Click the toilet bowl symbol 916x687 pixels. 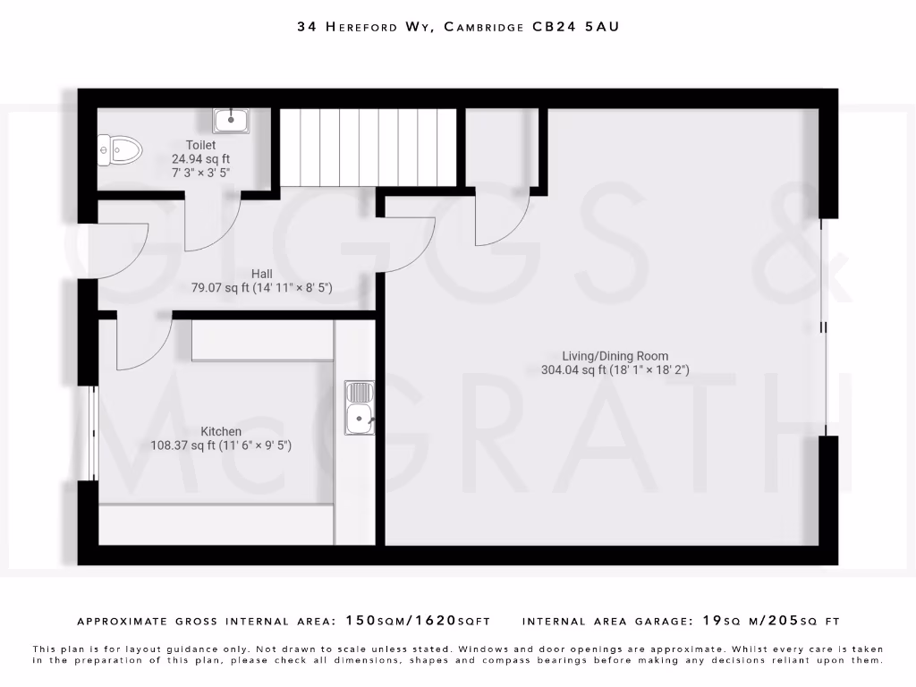point(121,149)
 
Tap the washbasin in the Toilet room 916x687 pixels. point(231,119)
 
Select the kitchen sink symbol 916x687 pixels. point(360,408)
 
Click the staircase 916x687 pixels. point(369,147)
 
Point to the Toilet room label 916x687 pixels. point(200,145)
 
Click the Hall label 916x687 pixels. point(262,274)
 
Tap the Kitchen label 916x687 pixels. point(221,431)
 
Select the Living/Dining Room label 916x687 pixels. point(615,355)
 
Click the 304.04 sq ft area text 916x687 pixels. point(573,369)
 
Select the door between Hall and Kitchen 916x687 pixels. point(143,344)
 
